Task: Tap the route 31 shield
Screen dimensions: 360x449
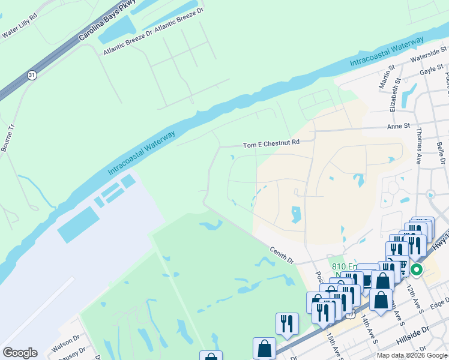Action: pyautogui.click(x=31, y=75)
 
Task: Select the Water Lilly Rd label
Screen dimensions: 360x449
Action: pyautogui.click(x=21, y=31)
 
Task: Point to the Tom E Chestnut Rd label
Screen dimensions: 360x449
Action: pyautogui.click(x=271, y=144)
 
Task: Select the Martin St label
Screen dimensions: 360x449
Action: pyautogui.click(x=385, y=77)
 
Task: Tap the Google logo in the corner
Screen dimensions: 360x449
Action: pyautogui.click(x=20, y=352)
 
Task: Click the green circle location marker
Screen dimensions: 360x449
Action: pyautogui.click(x=415, y=269)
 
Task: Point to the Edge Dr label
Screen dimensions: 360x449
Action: pyautogui.click(x=439, y=304)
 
